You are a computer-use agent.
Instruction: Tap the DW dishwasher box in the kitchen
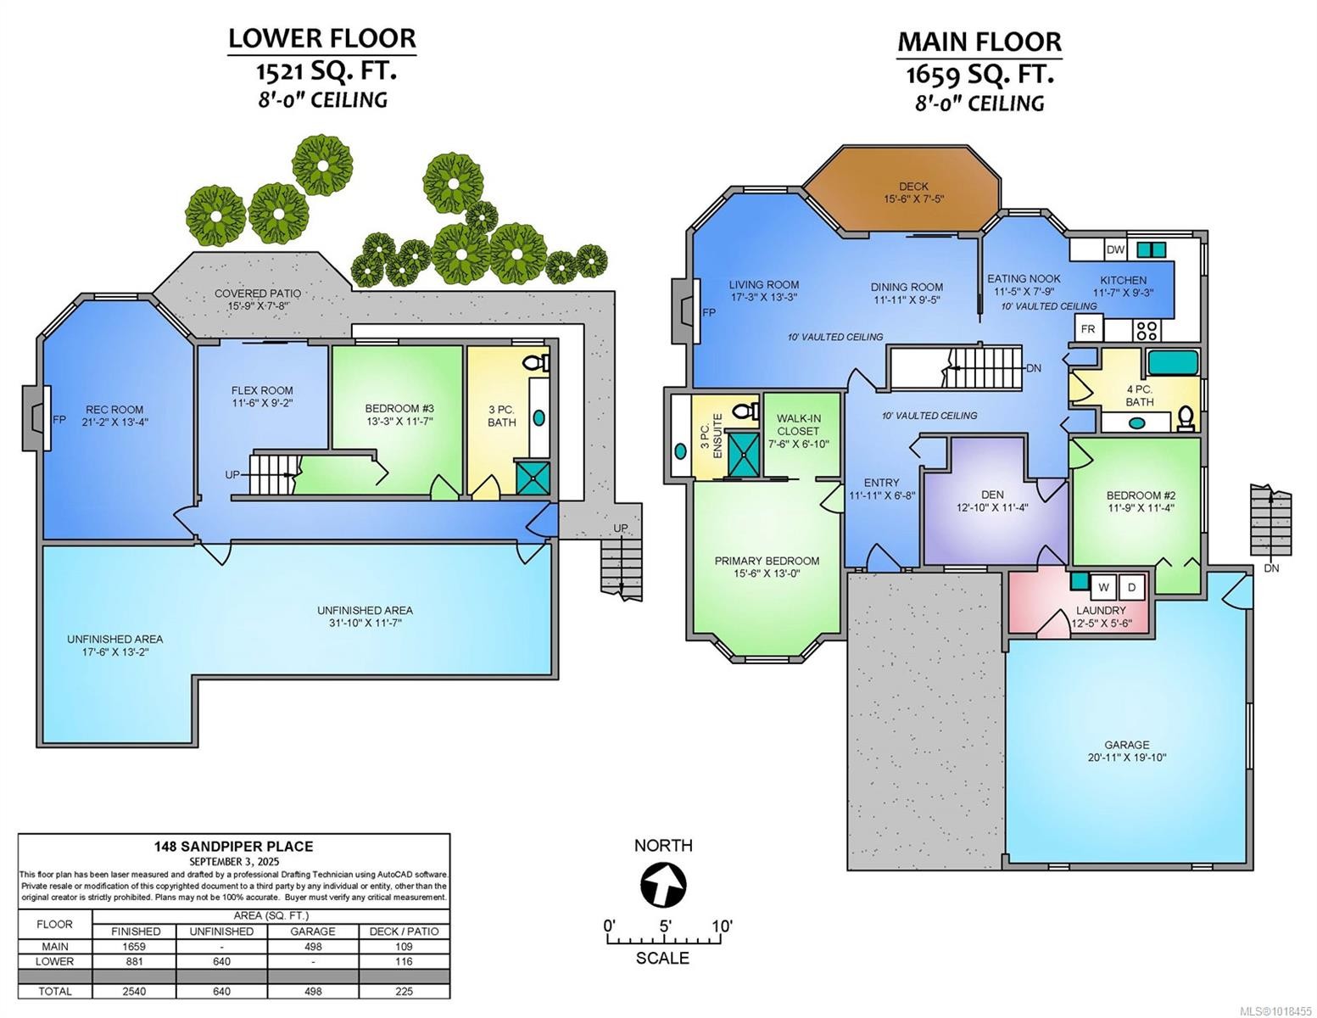tap(1115, 249)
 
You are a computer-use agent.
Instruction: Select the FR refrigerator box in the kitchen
tap(1086, 328)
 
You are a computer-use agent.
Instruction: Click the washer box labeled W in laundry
tap(1104, 587)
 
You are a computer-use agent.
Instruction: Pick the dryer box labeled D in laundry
tap(1131, 587)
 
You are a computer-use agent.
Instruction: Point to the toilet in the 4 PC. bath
tap(1185, 417)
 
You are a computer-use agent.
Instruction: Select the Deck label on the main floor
tap(913, 187)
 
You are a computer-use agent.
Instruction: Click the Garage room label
tap(1126, 745)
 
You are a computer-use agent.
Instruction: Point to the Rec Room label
tap(114, 410)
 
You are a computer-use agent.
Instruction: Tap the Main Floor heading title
tap(979, 42)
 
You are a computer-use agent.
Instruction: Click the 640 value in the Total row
tap(220, 991)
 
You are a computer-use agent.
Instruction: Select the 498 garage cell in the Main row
tap(313, 947)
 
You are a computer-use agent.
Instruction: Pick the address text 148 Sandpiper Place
tap(233, 846)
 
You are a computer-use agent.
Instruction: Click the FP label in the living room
tap(708, 312)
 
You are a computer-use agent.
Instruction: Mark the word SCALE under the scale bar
tap(662, 958)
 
